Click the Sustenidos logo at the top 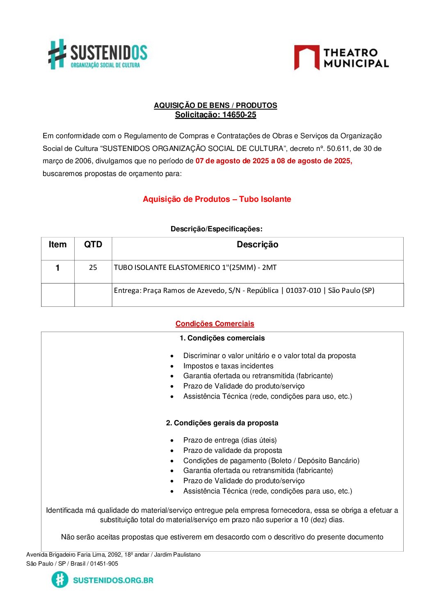point(98,54)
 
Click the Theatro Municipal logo point(341,58)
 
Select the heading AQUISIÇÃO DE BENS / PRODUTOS point(215,105)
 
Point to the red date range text point(274,161)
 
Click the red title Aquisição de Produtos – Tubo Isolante point(217,199)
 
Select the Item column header point(57,245)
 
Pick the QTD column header point(93,245)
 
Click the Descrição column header point(257,245)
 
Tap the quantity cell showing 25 point(93,267)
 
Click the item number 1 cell point(58,268)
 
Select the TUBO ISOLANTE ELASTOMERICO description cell point(195,267)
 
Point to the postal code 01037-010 point(303,290)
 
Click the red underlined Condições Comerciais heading point(215,324)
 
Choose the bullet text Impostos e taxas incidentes point(228,366)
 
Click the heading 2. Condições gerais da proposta point(222,423)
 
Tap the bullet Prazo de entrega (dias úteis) point(230,440)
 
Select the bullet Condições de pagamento point(271,461)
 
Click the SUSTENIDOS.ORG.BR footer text point(113,580)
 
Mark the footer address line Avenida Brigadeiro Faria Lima point(113,555)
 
